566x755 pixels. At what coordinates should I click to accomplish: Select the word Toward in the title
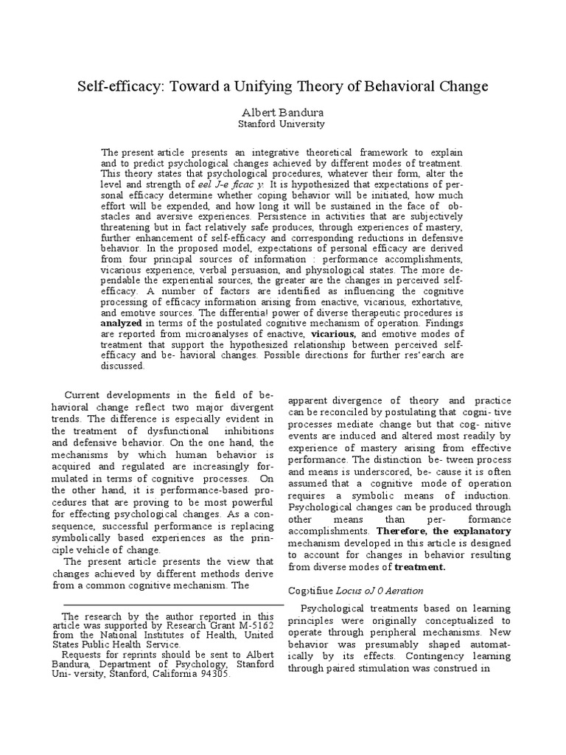pyautogui.click(x=197, y=86)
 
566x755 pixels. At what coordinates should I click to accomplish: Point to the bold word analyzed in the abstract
pyautogui.click(x=125, y=322)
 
